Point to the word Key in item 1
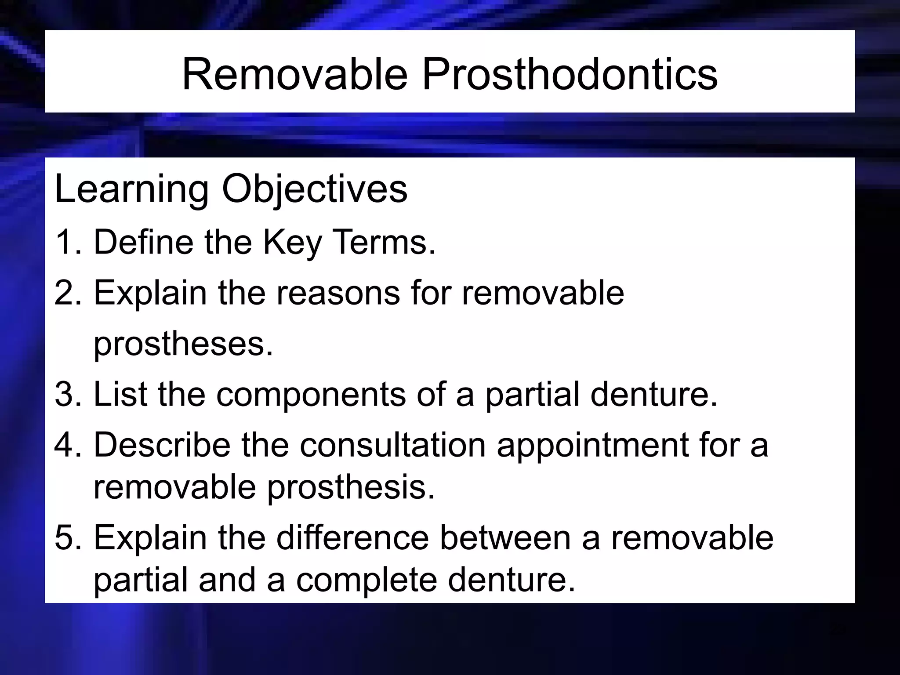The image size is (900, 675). point(292,243)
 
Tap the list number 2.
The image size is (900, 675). point(65,293)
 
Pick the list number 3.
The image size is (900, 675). point(65,394)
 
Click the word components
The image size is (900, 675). point(311,395)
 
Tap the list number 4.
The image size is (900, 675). point(65,445)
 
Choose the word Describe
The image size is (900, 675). point(162,445)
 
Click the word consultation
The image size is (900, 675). point(393,445)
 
